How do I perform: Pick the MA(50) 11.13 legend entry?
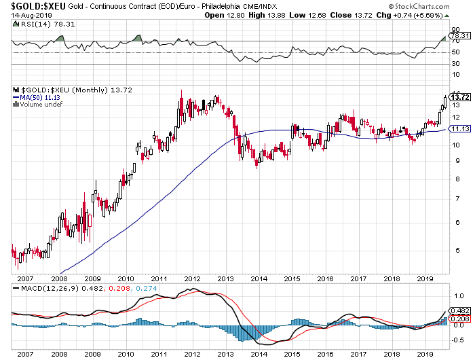[x=36, y=97]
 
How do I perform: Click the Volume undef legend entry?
[x=38, y=104]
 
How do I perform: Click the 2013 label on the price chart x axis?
[x=225, y=278]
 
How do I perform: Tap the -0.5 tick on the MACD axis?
[x=457, y=338]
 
